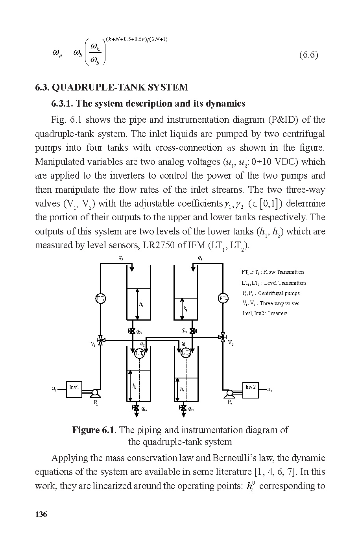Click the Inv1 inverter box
coord(74,389)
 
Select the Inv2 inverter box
coord(251,389)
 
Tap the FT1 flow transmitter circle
coord(101,299)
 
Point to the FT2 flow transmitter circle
coord(223,299)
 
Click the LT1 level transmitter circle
coord(140,353)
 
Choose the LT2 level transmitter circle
coord(186,353)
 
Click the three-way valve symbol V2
coord(223,337)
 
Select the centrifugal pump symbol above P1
coord(95,393)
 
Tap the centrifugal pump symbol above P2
coord(229,393)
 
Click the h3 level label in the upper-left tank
coord(141,304)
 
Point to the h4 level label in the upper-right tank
coord(185,308)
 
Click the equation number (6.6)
coord(308,55)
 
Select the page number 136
coord(41,514)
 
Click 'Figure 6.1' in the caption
coord(93,430)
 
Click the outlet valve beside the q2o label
coord(183,408)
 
